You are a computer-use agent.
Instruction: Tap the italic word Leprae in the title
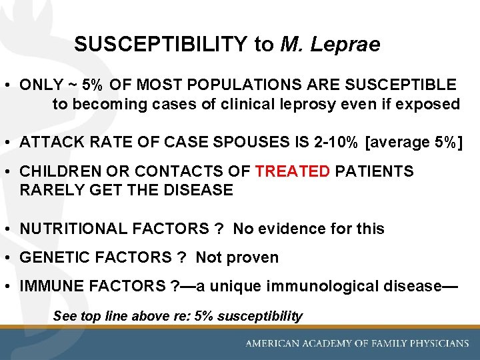pyautogui.click(x=349, y=45)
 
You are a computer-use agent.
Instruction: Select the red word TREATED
pyautogui.click(x=293, y=172)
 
